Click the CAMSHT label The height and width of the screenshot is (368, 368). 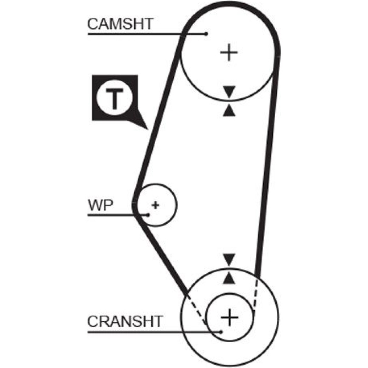tap(120, 24)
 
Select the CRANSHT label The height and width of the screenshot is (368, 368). tap(124, 321)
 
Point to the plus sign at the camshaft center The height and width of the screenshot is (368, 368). tap(229, 53)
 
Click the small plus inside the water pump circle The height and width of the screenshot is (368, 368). tap(156, 205)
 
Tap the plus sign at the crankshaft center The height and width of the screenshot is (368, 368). tap(229, 316)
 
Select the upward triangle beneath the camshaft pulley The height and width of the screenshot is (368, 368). tap(229, 110)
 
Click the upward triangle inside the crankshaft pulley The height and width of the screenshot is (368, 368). tap(229, 278)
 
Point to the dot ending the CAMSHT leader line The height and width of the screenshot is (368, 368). tap(206, 34)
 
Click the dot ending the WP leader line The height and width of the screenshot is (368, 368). tap(148, 215)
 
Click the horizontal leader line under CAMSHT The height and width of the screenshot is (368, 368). tap(140, 34)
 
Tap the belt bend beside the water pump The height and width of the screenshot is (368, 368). tap(135, 204)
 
